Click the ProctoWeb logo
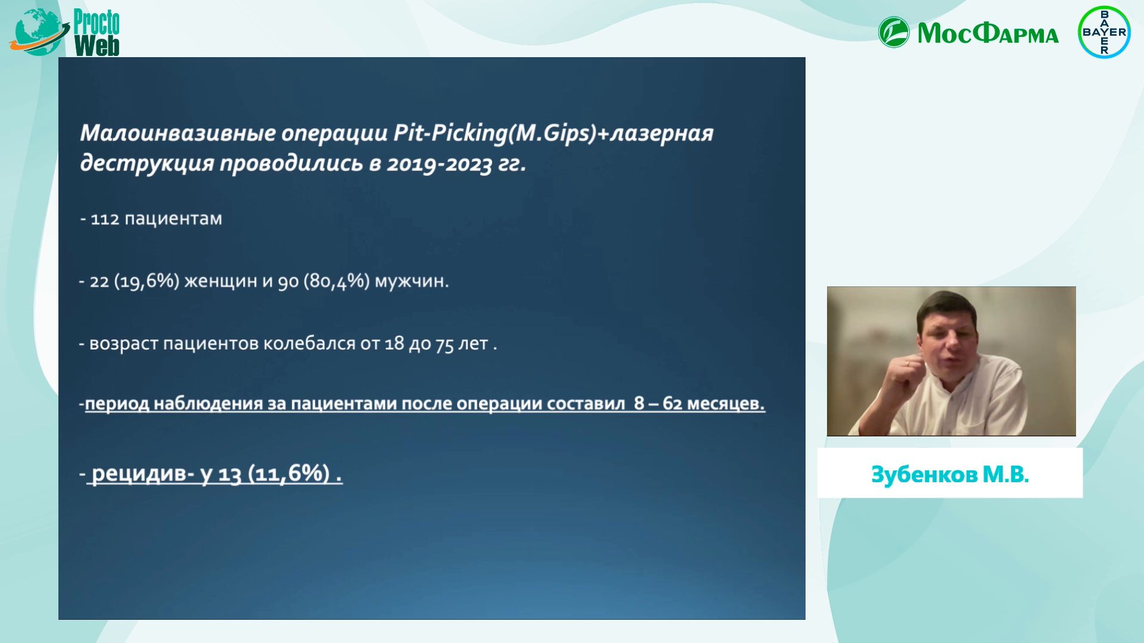click(64, 32)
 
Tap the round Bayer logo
click(1104, 32)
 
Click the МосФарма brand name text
click(988, 33)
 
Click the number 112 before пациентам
click(105, 219)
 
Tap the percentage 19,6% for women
click(146, 281)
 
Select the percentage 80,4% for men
click(337, 281)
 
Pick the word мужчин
click(412, 282)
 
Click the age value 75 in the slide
click(444, 344)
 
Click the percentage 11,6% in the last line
click(289, 474)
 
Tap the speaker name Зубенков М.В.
click(950, 475)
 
